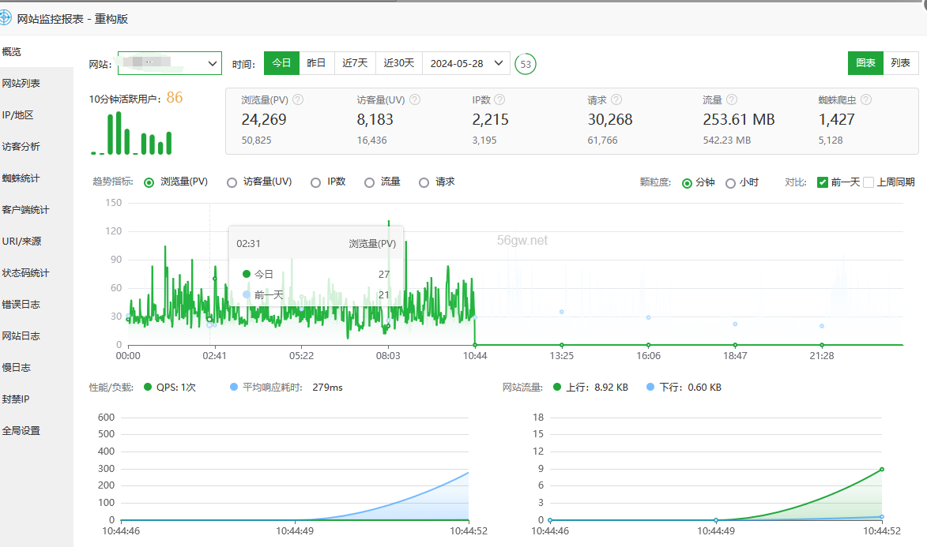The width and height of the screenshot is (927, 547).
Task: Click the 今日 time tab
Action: click(x=281, y=63)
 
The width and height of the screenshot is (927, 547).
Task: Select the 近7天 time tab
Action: click(x=355, y=63)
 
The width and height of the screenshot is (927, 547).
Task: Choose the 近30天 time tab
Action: click(x=399, y=63)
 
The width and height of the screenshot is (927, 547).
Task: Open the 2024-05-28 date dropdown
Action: click(x=466, y=63)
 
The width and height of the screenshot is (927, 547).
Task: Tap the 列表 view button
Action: click(x=900, y=63)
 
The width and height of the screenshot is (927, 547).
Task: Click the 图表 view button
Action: click(x=866, y=63)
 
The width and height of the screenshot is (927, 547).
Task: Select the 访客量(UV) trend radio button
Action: click(x=232, y=182)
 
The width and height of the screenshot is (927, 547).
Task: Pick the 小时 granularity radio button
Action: click(x=730, y=182)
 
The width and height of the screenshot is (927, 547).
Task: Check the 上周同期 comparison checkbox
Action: click(x=869, y=182)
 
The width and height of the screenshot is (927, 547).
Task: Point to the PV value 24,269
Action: click(x=264, y=120)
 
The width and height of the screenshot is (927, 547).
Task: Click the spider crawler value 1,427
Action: click(x=837, y=120)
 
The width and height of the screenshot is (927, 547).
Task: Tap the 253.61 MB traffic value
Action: click(x=739, y=120)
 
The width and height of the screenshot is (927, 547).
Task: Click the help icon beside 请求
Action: click(x=616, y=100)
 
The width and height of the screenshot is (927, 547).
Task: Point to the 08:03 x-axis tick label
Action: click(x=388, y=356)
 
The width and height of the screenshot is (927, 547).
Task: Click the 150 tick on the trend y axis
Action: click(x=114, y=203)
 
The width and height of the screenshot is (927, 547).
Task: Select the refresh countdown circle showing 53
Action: click(x=525, y=64)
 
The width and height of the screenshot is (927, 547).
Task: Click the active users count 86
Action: click(x=175, y=98)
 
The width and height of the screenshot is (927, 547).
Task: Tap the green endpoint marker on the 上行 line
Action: click(x=881, y=470)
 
